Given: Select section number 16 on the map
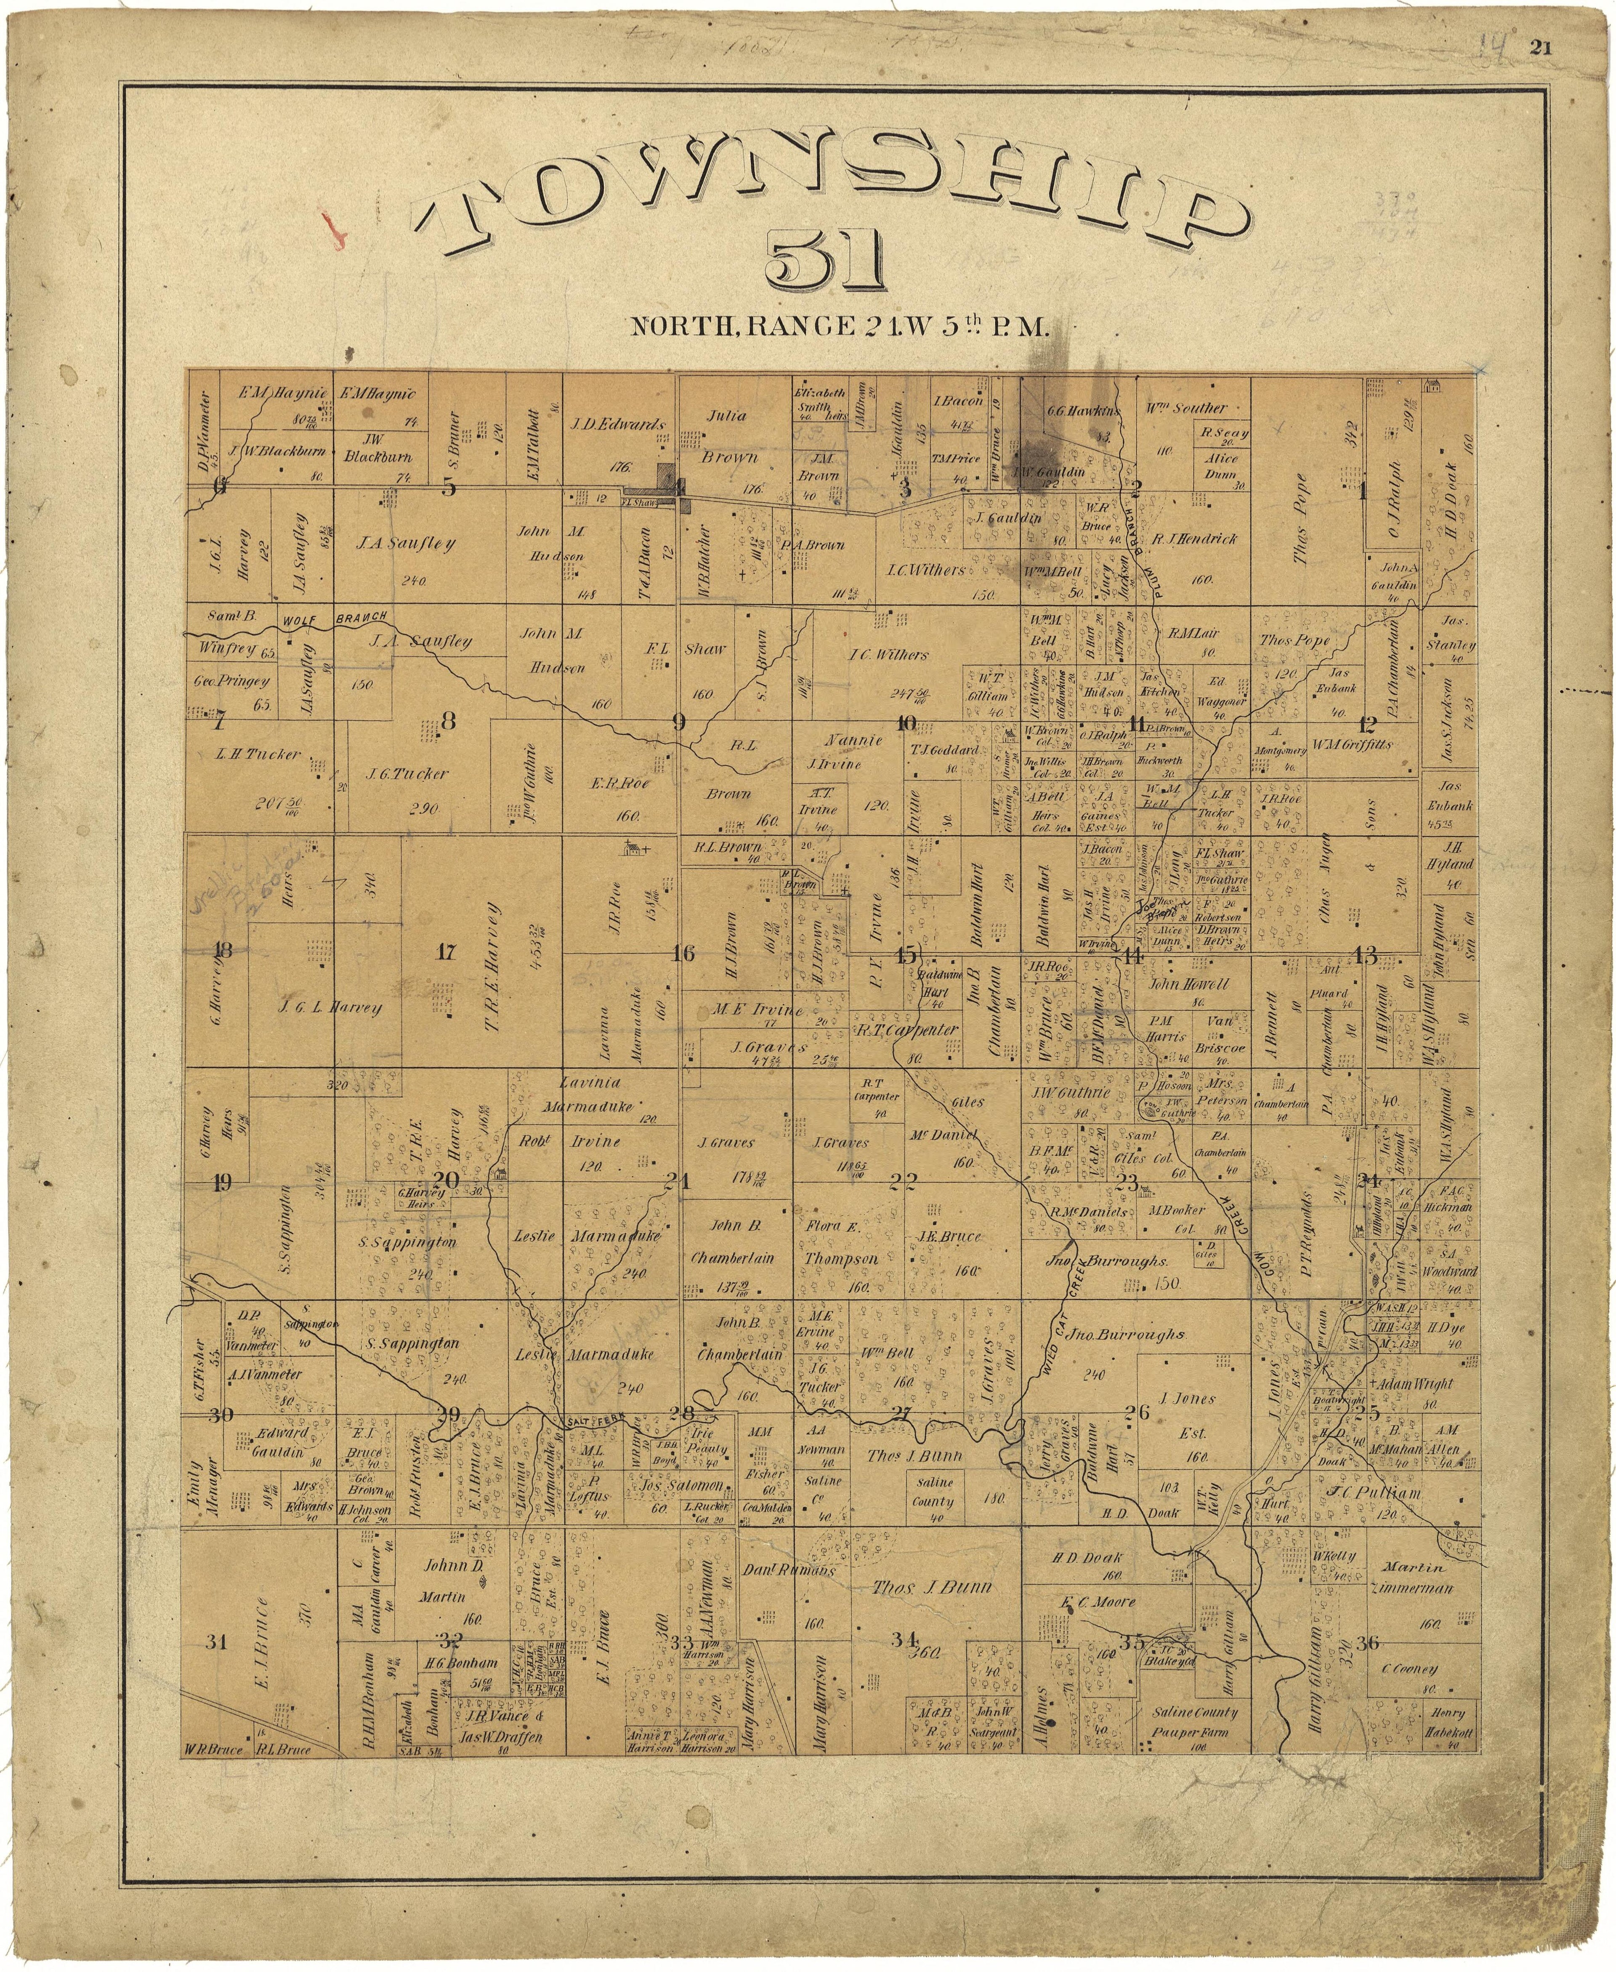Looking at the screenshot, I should coord(683,952).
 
